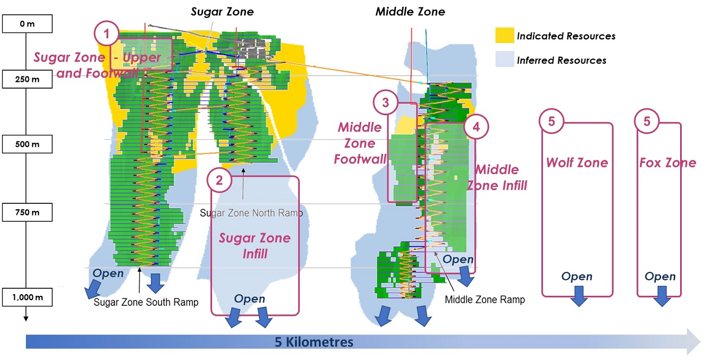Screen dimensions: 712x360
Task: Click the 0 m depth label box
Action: (27, 23)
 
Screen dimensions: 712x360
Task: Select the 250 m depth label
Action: (27, 79)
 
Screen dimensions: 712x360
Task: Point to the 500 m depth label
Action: (27, 144)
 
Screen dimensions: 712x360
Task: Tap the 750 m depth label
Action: (27, 212)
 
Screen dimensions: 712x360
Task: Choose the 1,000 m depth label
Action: (27, 297)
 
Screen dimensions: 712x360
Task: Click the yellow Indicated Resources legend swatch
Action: (504, 35)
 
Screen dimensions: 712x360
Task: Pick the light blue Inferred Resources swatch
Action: (504, 59)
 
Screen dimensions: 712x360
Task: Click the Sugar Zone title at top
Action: (222, 12)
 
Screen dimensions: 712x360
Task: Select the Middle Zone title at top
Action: (410, 12)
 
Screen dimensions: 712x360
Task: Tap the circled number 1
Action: (106, 33)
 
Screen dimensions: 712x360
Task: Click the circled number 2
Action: (219, 180)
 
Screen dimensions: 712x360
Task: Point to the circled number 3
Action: (386, 102)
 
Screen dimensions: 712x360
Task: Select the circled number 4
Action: (476, 127)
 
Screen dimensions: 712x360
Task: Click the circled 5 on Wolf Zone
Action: (552, 121)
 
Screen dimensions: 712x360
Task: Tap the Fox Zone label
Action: (668, 162)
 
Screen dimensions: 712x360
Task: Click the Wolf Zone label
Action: (577, 162)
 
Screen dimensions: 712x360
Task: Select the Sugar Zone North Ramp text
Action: (251, 213)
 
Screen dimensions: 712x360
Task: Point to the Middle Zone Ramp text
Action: (485, 299)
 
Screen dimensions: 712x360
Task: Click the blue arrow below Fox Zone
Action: (662, 296)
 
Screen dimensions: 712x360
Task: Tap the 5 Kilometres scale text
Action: (314, 342)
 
